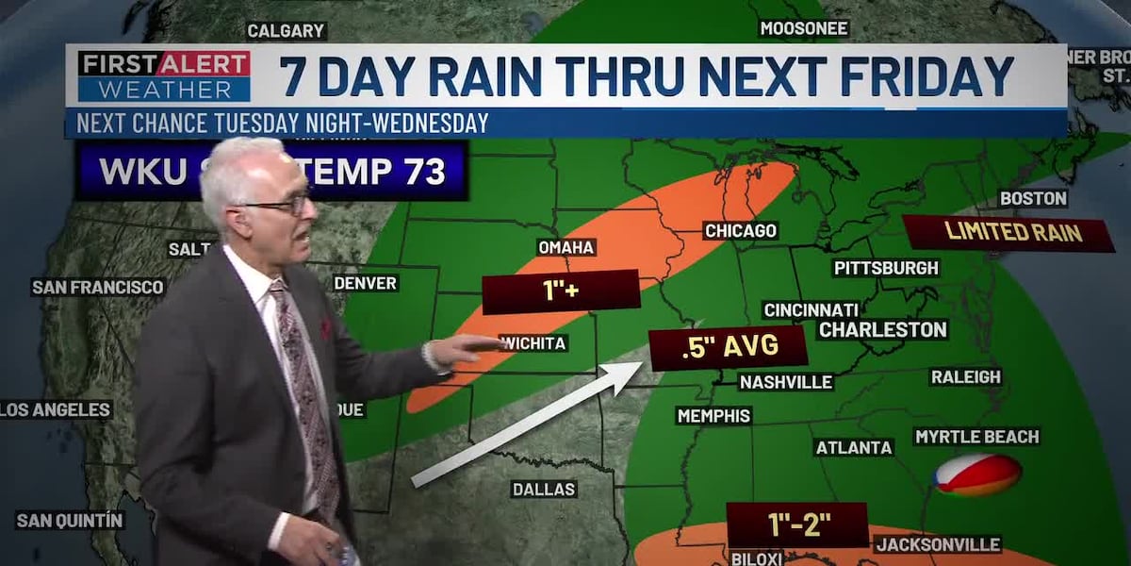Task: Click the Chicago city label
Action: point(740,231)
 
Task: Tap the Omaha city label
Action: point(566,247)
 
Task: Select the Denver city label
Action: point(366,283)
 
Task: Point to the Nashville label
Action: point(786,382)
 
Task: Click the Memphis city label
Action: point(713,416)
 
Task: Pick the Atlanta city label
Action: point(854,447)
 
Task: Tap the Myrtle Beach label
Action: point(976,437)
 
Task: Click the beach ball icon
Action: point(977,474)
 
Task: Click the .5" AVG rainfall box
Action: point(729,347)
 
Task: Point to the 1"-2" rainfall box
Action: point(796,525)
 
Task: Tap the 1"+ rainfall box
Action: point(560,291)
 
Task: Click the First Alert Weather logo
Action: point(164,76)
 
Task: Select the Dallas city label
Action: point(544,490)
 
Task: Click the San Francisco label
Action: point(98,287)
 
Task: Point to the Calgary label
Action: point(286,31)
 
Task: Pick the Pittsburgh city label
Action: point(886,268)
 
